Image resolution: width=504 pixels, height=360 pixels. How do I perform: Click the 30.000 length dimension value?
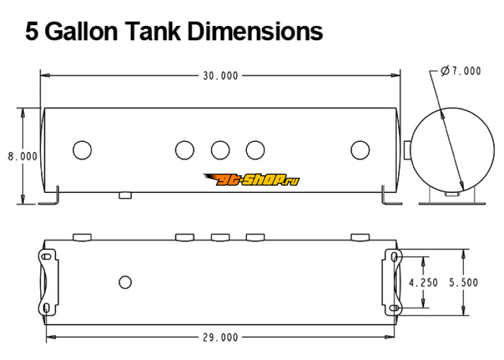(220, 76)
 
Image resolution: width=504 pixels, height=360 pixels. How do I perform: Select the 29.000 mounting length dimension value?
(220, 337)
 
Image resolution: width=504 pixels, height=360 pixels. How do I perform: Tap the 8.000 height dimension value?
(23, 156)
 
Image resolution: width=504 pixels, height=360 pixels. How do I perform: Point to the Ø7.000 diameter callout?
(461, 71)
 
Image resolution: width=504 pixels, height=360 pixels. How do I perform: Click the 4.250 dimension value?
(423, 283)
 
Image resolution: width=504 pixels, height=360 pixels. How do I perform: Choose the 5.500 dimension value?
(463, 283)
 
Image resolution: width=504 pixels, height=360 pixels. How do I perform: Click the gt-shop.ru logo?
(251, 180)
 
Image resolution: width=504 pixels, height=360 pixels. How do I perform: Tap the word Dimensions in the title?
(255, 32)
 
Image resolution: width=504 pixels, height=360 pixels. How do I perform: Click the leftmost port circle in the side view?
(83, 150)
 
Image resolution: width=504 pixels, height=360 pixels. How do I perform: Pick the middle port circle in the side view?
(220, 150)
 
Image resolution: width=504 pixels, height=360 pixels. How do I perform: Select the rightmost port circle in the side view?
(360, 150)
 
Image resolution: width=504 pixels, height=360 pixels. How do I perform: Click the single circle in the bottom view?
(125, 282)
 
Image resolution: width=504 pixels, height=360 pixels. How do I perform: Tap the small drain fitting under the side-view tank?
(125, 195)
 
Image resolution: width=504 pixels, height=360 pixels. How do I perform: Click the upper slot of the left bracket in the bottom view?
(47, 257)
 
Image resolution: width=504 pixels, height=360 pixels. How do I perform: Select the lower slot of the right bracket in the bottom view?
(394, 308)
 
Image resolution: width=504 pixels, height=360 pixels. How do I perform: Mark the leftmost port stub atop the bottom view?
(83, 238)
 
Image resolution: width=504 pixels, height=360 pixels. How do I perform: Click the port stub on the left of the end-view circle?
(408, 150)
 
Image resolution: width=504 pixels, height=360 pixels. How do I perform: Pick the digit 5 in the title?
(31, 32)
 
